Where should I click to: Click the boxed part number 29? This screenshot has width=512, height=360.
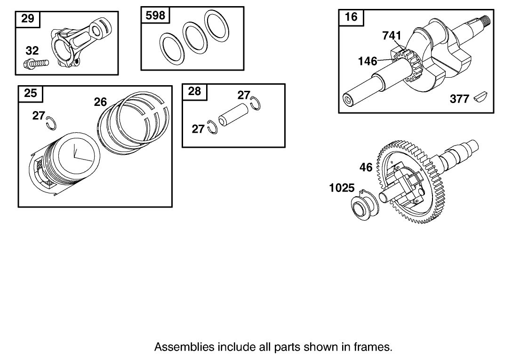pyautogui.click(x=28, y=19)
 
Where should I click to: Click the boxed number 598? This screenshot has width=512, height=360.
pyautogui.click(x=156, y=16)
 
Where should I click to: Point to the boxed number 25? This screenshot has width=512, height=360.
pyautogui.click(x=31, y=93)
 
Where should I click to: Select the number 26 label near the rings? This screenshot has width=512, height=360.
pyautogui.click(x=100, y=102)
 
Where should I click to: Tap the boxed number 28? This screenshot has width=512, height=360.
pyautogui.click(x=194, y=91)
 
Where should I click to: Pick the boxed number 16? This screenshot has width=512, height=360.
pyautogui.click(x=351, y=17)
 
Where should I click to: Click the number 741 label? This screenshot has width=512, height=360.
pyautogui.click(x=392, y=36)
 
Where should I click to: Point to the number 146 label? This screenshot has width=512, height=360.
pyautogui.click(x=367, y=61)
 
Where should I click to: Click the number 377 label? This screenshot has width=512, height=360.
pyautogui.click(x=459, y=99)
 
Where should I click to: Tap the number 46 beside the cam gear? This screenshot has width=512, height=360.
pyautogui.click(x=366, y=167)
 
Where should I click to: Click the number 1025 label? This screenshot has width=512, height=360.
pyautogui.click(x=342, y=188)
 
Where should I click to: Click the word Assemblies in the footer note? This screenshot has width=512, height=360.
pyautogui.click(x=184, y=347)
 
